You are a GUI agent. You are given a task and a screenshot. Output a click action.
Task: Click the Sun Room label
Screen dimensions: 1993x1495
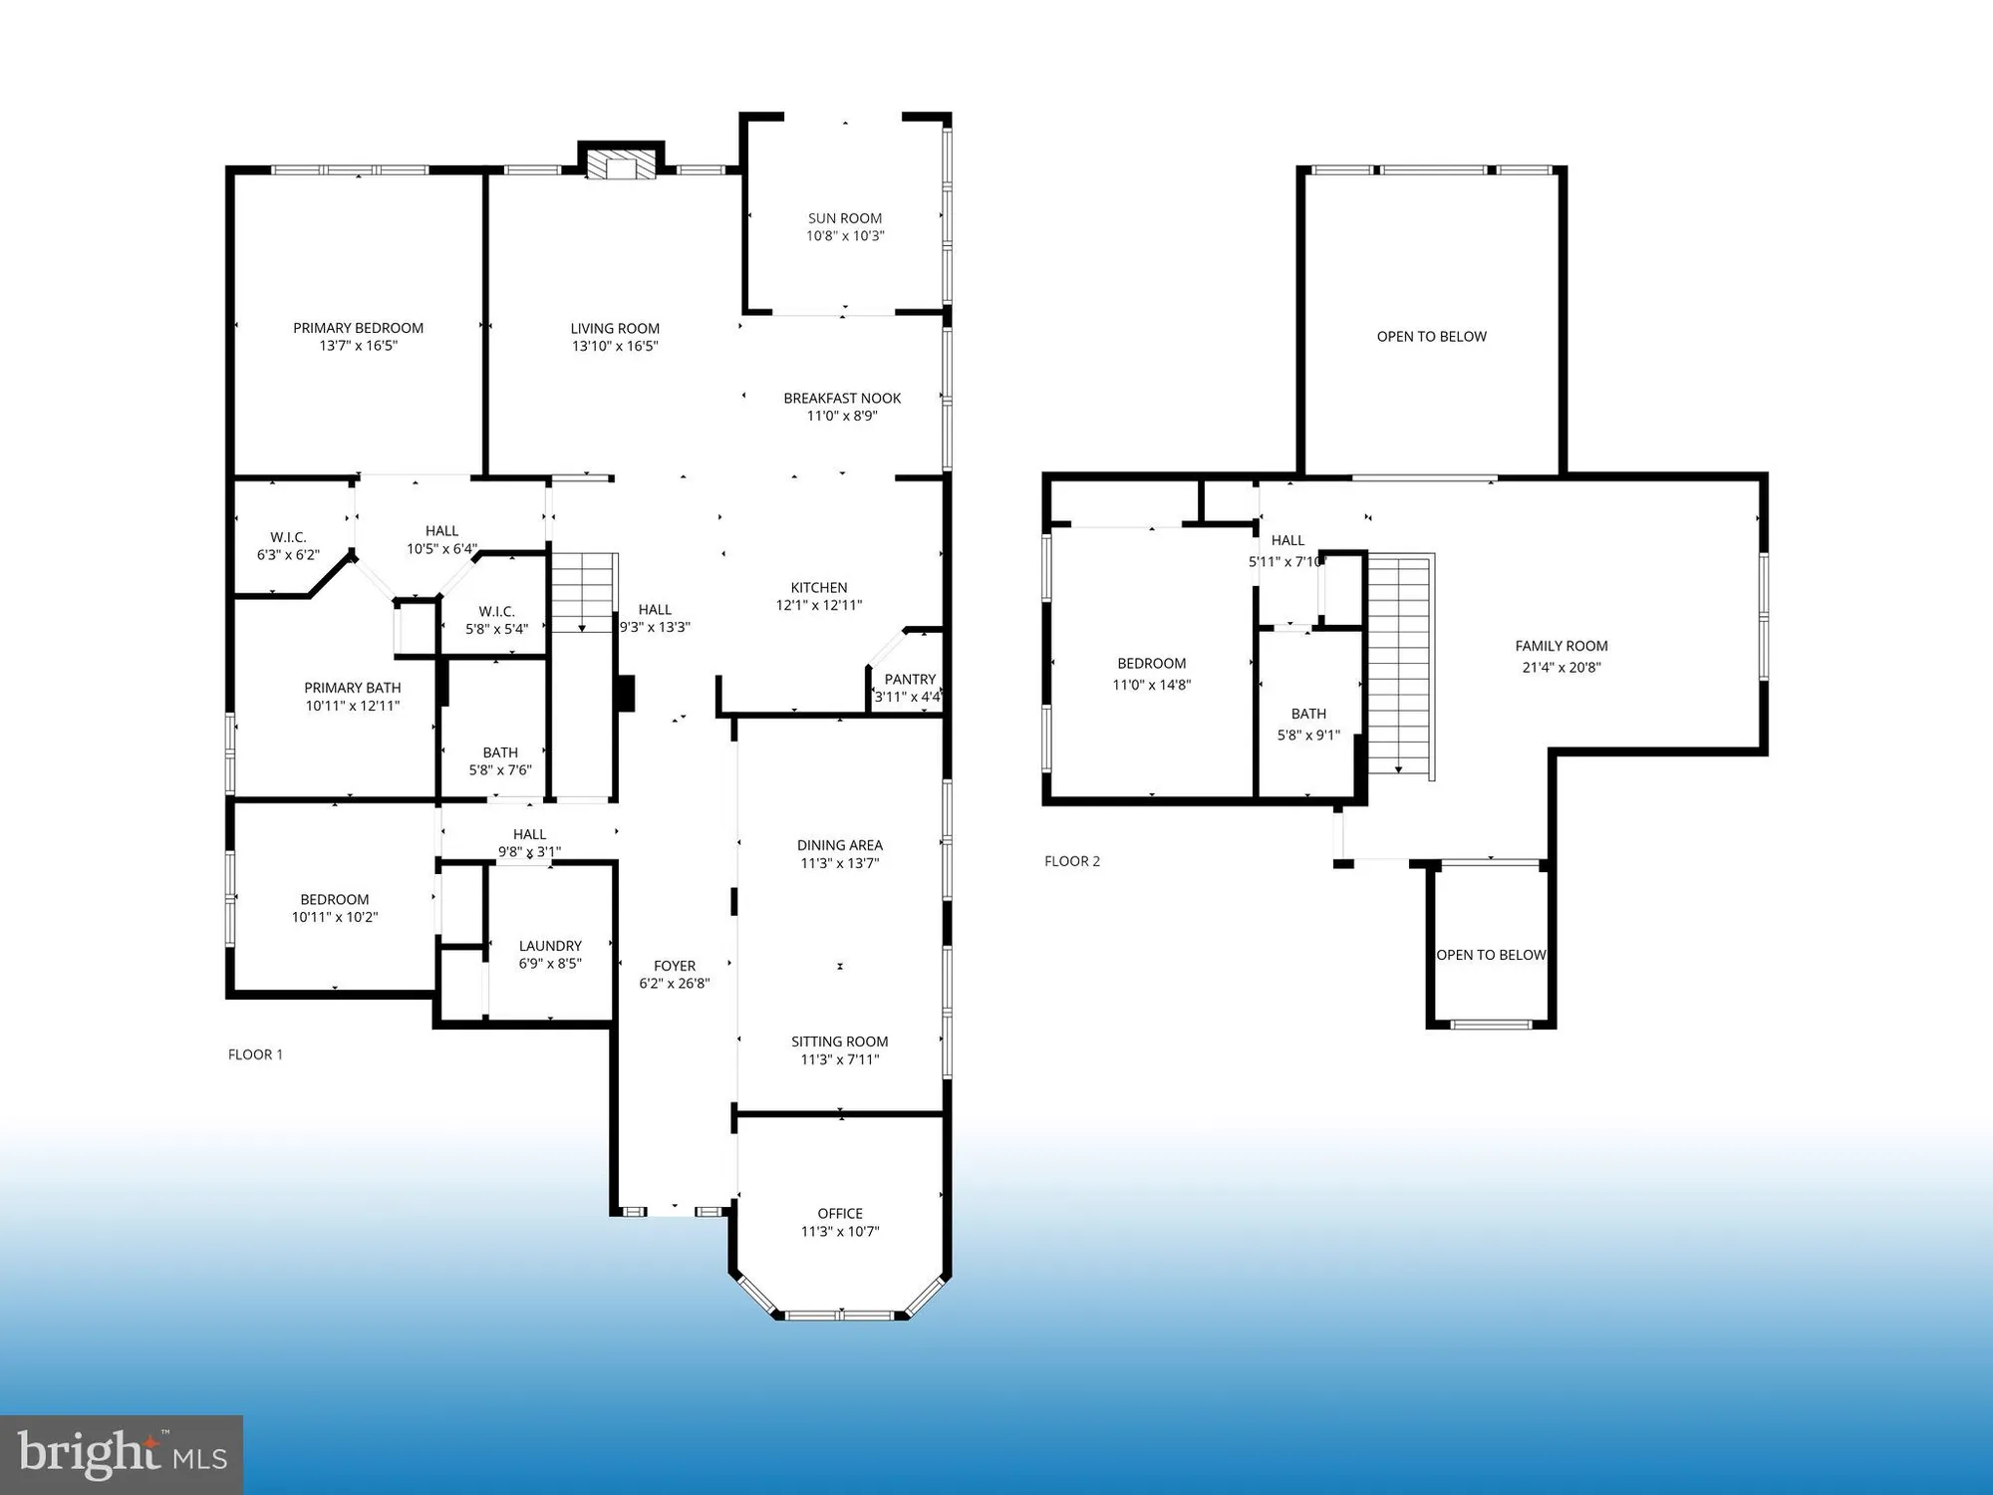(845, 218)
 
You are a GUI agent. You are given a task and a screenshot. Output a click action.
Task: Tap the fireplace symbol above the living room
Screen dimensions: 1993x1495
(622, 163)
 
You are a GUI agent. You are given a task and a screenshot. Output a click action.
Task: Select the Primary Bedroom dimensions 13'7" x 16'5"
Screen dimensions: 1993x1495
(359, 346)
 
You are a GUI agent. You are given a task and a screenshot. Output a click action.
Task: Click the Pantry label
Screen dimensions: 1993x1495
(910, 679)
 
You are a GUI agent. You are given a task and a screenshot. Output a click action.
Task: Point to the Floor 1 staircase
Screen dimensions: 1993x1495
(584, 593)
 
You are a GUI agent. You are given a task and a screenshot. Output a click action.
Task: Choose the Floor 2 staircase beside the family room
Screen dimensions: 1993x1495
(1400, 666)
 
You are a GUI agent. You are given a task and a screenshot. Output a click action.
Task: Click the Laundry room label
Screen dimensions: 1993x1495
(550, 946)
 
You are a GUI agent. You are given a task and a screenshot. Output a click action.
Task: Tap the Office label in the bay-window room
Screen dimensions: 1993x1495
(840, 1213)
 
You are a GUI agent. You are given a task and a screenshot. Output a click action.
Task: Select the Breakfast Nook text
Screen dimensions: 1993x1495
(842, 398)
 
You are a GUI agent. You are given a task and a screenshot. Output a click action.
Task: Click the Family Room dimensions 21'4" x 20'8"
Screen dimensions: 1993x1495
(1562, 668)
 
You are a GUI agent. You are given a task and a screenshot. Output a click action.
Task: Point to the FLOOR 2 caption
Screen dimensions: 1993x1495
(1072, 861)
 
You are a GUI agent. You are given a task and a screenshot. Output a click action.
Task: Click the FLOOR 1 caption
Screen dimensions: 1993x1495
(255, 1054)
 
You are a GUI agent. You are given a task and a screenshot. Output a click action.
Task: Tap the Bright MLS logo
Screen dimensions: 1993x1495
(122, 1455)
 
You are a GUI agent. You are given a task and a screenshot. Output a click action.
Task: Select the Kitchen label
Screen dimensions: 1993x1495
(819, 587)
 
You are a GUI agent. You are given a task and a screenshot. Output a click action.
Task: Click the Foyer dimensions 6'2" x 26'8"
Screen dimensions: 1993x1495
(675, 984)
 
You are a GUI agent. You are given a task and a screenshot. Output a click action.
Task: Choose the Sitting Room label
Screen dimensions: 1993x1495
(840, 1042)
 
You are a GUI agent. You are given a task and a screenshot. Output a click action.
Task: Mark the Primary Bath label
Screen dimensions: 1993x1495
(353, 688)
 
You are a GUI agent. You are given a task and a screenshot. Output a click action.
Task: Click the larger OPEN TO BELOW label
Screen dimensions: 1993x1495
(1432, 337)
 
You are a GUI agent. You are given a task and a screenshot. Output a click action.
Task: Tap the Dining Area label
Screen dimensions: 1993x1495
(840, 845)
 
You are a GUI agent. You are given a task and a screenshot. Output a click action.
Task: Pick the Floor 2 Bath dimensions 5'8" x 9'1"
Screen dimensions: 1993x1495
(1309, 736)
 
